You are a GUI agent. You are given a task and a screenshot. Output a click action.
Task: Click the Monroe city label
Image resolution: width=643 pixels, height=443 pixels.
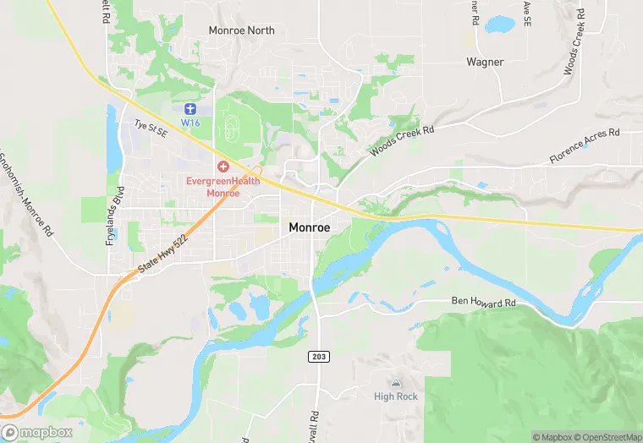point(309,227)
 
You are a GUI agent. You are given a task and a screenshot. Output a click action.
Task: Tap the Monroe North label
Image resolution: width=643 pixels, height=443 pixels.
point(242,30)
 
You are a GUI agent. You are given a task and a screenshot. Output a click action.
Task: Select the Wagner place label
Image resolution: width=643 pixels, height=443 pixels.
point(485,62)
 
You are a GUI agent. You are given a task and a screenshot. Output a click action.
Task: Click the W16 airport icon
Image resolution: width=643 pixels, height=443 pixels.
point(190,109)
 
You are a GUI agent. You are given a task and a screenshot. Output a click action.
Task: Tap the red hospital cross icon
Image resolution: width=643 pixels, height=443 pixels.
point(223,167)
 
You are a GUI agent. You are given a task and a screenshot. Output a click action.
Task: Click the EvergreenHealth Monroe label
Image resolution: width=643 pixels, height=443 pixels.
point(223,187)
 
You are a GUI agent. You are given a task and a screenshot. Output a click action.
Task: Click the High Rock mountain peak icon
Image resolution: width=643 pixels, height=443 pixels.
point(396,384)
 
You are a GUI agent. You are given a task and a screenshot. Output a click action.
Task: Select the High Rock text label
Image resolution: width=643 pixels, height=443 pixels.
point(396,397)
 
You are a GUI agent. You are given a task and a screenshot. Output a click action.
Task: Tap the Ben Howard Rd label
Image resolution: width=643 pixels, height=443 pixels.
point(484,302)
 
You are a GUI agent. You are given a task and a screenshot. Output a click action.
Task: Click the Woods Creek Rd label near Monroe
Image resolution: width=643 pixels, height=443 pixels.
point(401,141)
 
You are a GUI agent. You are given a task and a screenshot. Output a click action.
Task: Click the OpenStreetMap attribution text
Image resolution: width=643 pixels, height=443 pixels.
point(605,437)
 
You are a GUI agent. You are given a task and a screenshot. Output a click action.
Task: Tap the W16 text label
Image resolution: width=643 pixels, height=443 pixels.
point(190,123)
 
